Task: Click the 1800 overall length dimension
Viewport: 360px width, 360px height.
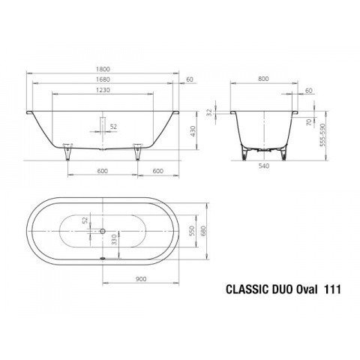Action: coord(103,69)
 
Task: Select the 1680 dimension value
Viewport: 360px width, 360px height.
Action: coord(103,79)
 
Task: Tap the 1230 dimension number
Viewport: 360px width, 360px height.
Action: coord(103,90)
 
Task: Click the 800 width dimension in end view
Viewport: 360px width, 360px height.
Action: coord(263,79)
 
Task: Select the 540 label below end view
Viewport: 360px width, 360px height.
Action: coord(264,166)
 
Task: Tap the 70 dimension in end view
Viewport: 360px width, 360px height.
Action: coord(309,122)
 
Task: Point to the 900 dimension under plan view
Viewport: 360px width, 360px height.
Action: coord(141,279)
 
